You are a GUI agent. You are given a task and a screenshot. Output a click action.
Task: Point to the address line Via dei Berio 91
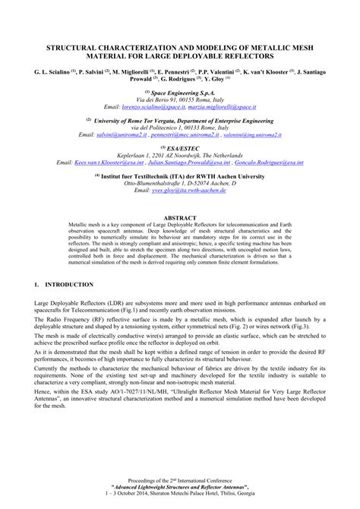179,100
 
